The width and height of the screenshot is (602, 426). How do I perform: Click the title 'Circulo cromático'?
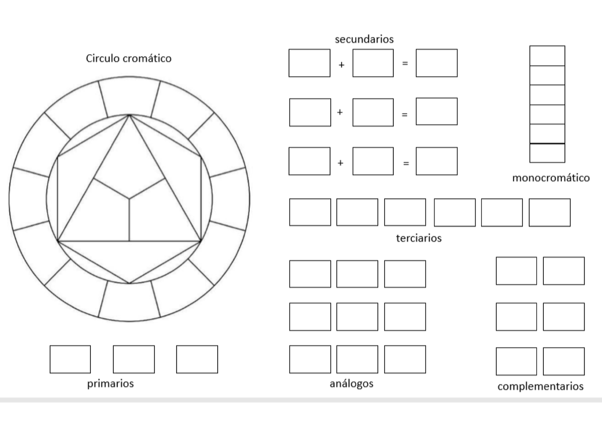128,58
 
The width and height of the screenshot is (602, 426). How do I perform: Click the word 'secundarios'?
364,39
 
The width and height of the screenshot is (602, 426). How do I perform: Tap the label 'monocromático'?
551,178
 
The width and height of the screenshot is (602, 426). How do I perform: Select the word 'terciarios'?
419,238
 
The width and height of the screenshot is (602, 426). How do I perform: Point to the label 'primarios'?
110,384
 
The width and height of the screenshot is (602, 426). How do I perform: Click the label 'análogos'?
352,384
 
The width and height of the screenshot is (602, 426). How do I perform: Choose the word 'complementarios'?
540,386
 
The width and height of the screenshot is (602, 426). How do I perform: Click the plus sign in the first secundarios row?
341,65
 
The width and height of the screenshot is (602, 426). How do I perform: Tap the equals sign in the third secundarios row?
406,163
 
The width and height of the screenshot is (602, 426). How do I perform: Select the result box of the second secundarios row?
436,111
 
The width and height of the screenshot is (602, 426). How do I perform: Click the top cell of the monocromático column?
547,56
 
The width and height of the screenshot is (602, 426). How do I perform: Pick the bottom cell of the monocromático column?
547,153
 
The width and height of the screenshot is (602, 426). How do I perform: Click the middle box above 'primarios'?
133,359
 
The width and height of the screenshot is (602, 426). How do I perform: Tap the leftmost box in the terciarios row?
310,212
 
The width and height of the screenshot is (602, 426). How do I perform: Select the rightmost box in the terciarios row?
550,212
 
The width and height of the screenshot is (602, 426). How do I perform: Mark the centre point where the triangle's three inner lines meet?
129,199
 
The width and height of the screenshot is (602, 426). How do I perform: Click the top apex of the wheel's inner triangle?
129,115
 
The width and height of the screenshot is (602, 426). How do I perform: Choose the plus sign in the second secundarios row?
340,112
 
